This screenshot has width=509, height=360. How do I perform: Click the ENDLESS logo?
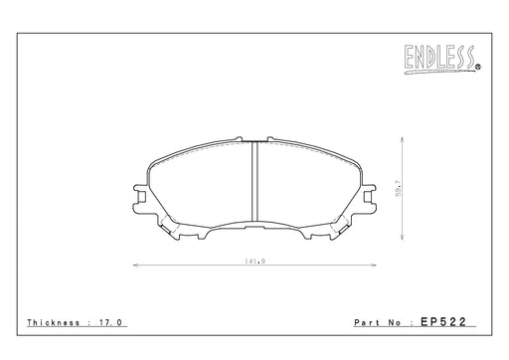click(439, 59)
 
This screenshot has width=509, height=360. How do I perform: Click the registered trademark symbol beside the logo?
click(478, 68)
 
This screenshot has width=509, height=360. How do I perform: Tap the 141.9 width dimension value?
click(254, 261)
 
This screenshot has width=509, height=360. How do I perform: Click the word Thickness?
click(54, 322)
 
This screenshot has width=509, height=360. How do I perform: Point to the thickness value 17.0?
click(110, 322)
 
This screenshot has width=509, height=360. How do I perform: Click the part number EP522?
click(443, 321)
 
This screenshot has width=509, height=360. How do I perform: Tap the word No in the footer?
click(395, 322)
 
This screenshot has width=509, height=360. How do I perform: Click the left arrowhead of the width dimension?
click(135, 266)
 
